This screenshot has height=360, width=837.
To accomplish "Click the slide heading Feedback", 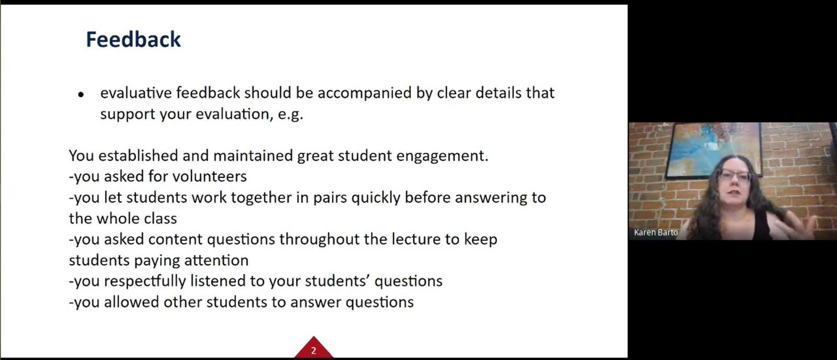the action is (133, 40).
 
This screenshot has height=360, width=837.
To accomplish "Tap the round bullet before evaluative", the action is (81, 95).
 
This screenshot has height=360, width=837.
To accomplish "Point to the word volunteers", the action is (209, 176).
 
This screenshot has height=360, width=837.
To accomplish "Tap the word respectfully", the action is (144, 281).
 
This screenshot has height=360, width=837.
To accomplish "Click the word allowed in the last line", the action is (131, 302).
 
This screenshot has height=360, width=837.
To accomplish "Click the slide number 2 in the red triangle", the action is (313, 351).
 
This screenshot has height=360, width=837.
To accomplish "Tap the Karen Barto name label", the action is (656, 232).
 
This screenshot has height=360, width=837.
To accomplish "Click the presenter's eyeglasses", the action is (734, 175).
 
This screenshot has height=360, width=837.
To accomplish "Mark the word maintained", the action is (253, 156).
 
